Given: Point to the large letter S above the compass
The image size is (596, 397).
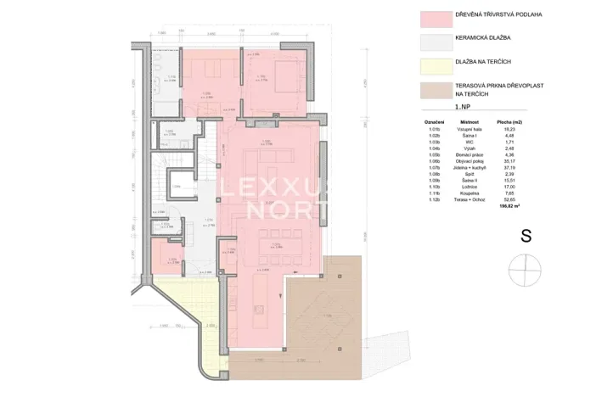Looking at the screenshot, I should pos(526,237).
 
